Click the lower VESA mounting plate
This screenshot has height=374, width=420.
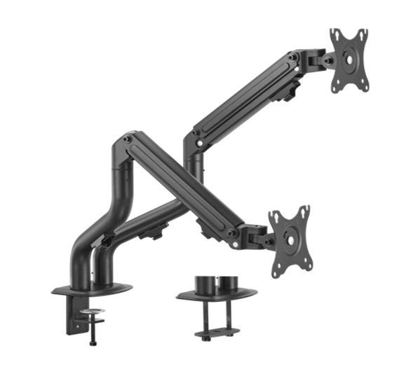[290, 238]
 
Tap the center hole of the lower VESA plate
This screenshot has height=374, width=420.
[290, 239]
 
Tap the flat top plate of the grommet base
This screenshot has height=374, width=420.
[215, 295]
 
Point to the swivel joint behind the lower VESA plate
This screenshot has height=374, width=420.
[262, 239]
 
